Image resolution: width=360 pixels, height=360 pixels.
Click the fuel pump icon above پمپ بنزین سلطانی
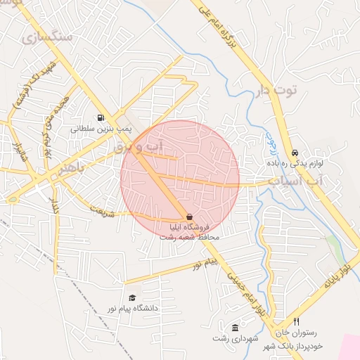[100, 118]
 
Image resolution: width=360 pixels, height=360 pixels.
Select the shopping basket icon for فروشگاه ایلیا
[189, 217]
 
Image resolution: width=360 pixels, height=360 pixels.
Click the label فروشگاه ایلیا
[188, 228]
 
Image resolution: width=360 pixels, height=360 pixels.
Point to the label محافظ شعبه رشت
[190, 238]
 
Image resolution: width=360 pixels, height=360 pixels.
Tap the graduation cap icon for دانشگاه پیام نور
[131, 298]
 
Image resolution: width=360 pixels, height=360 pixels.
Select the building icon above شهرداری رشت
[235, 328]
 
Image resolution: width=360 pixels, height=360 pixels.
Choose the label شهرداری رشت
[233, 338]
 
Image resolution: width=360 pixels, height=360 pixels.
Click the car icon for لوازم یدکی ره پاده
[295, 153]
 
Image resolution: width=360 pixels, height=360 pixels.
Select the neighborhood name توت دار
[276, 91]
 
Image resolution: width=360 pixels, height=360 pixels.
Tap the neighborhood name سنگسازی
[46, 37]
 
